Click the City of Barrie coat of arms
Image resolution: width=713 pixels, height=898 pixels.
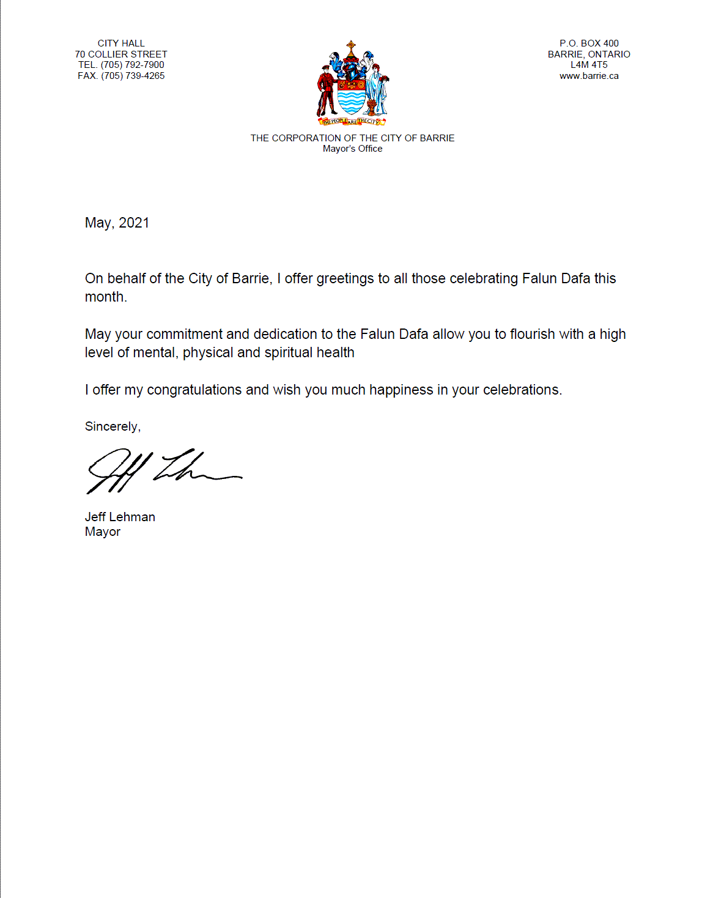click(352, 83)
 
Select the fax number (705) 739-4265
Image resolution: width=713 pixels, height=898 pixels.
click(133, 76)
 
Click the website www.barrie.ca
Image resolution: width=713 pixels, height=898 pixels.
click(589, 76)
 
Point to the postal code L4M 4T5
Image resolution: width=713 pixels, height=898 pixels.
click(589, 65)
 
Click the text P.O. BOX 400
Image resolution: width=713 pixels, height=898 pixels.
click(589, 43)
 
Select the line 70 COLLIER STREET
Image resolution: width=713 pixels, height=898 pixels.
click(121, 54)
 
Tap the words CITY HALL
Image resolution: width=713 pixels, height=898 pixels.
click(121, 43)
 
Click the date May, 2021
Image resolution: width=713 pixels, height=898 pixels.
click(117, 223)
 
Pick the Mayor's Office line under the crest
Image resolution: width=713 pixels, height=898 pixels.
click(352, 149)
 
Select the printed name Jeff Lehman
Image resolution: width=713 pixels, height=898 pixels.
click(120, 517)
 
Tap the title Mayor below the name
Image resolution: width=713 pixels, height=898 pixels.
click(103, 532)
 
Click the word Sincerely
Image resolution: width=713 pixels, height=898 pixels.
click(112, 426)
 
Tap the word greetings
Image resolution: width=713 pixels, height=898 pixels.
click(345, 279)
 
